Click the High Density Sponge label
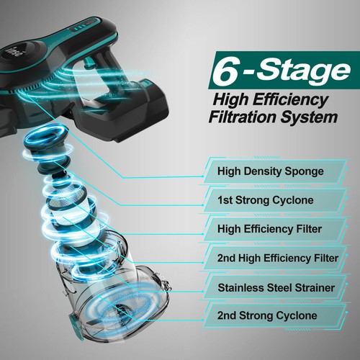coord(270,172)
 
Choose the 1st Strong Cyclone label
coord(270,200)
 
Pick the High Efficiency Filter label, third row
coord(270,229)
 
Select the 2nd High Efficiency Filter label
coord(270,257)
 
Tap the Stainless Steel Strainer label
coord(270,286)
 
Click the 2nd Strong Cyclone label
coord(270,315)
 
